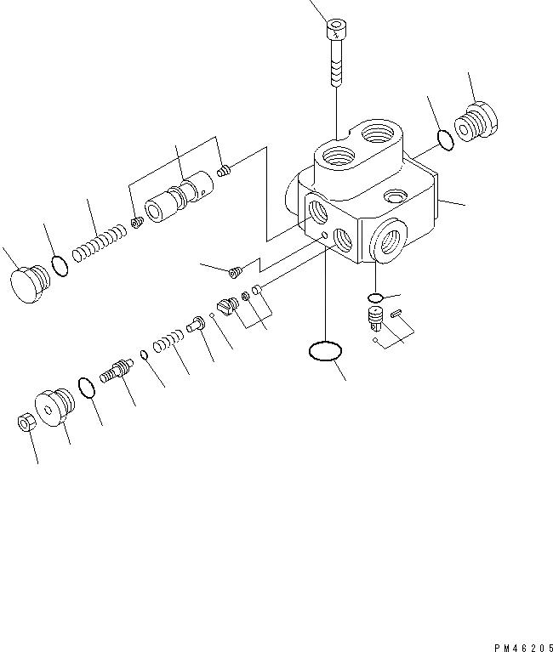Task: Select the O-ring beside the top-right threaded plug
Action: point(442,139)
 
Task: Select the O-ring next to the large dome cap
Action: point(60,265)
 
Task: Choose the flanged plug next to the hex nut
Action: point(54,405)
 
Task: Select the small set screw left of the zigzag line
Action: point(237,272)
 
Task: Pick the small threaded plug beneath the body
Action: point(373,320)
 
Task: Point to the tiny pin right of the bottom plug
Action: point(397,315)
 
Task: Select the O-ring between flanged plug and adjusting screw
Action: point(86,388)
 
